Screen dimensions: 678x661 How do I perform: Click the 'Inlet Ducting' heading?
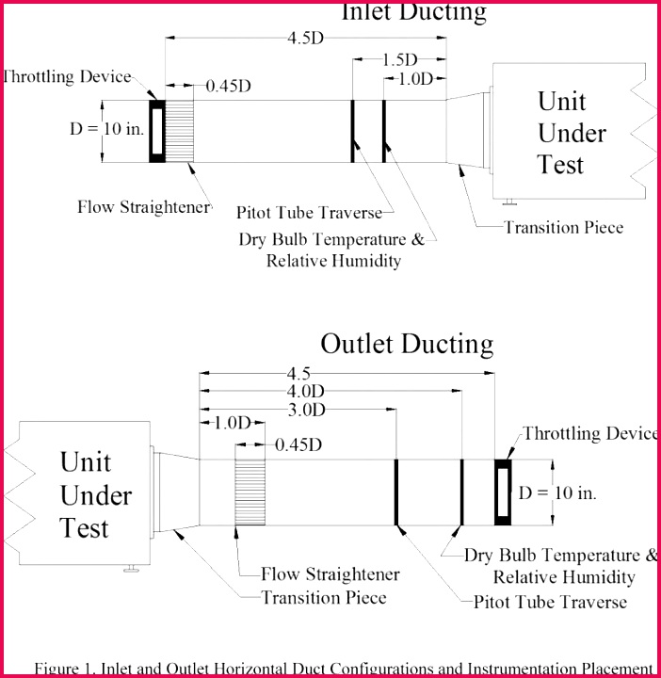413,12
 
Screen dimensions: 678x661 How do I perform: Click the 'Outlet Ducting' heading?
407,343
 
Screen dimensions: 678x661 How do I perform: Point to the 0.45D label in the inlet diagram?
228,86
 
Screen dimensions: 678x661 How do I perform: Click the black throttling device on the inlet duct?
157,131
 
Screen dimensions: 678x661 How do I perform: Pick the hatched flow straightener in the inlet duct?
181,131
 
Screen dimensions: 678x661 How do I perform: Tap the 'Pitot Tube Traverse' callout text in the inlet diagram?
309,212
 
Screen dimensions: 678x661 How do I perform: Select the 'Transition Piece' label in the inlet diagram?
563,227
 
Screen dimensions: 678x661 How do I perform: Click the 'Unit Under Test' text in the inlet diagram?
572,133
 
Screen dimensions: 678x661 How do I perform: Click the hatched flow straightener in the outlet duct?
250,491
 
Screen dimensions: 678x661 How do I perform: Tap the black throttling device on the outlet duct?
504,491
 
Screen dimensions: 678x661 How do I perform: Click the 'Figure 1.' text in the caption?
65,668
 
